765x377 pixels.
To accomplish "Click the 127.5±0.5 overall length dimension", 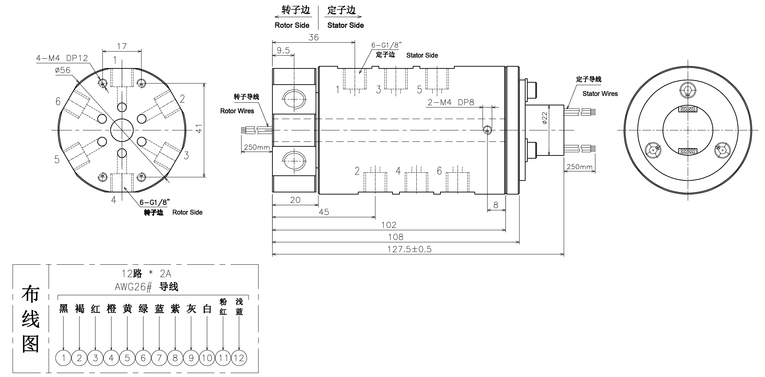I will tap(409, 249).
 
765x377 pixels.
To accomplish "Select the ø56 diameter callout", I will tap(63, 70).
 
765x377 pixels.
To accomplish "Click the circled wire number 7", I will tap(159, 358).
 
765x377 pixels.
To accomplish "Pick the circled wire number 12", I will tap(239, 358).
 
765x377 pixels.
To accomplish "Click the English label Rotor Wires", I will tap(237, 111).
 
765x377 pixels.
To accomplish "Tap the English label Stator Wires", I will tap(600, 94).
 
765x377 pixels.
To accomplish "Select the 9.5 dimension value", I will tap(283, 50).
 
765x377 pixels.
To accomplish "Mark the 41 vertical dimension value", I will tap(199, 129).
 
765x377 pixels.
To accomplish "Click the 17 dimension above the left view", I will tap(122, 46).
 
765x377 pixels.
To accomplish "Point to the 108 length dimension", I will tap(396, 237).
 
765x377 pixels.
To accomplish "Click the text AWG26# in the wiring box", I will tap(133, 287).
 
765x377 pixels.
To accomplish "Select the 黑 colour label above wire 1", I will tap(63, 309).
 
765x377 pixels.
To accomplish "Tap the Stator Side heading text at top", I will tap(345, 25).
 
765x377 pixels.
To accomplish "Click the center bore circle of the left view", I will tap(122, 130).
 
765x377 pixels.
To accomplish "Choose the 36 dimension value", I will tap(314, 37).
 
